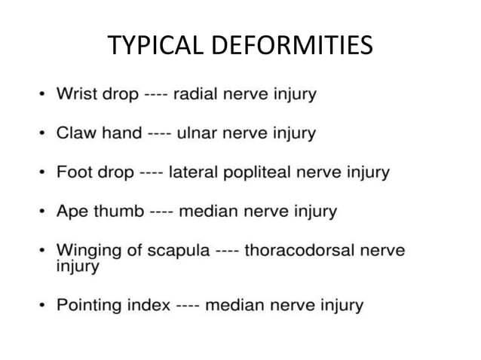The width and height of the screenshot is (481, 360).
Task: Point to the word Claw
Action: click(75, 133)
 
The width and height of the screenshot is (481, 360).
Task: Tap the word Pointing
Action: click(89, 306)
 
